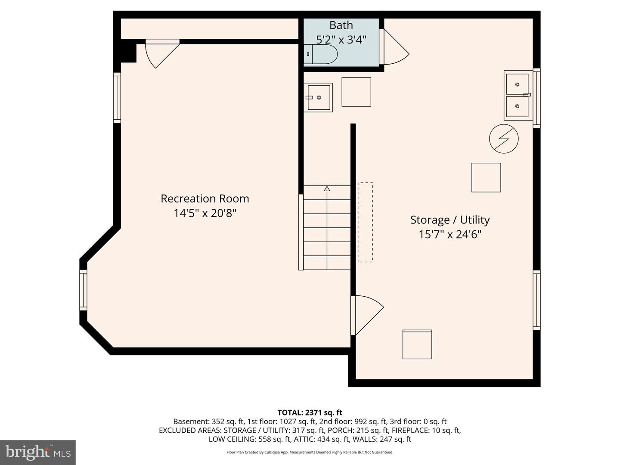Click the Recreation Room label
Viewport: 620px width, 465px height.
click(205, 198)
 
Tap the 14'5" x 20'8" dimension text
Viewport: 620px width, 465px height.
click(205, 213)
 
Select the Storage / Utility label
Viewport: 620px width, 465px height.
click(450, 220)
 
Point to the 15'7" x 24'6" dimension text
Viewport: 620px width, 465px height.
click(450, 235)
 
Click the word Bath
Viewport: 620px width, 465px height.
click(341, 25)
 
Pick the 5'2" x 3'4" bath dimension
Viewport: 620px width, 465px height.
click(341, 40)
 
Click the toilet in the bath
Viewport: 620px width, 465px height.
click(321, 54)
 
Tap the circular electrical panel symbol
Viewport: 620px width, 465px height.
click(504, 139)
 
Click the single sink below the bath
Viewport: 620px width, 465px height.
click(318, 97)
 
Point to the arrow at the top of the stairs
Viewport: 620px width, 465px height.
click(327, 189)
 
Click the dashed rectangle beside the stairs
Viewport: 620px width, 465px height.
click(365, 222)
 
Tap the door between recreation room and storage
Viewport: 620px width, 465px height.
click(367, 315)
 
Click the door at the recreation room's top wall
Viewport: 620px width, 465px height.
click(162, 54)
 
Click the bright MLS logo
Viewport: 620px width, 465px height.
click(38, 453)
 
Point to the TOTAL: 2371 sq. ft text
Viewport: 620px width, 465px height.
click(310, 413)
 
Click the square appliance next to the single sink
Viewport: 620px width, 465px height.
click(356, 92)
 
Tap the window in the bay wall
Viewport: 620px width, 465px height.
click(84, 290)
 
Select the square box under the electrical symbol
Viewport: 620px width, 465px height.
click(486, 177)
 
